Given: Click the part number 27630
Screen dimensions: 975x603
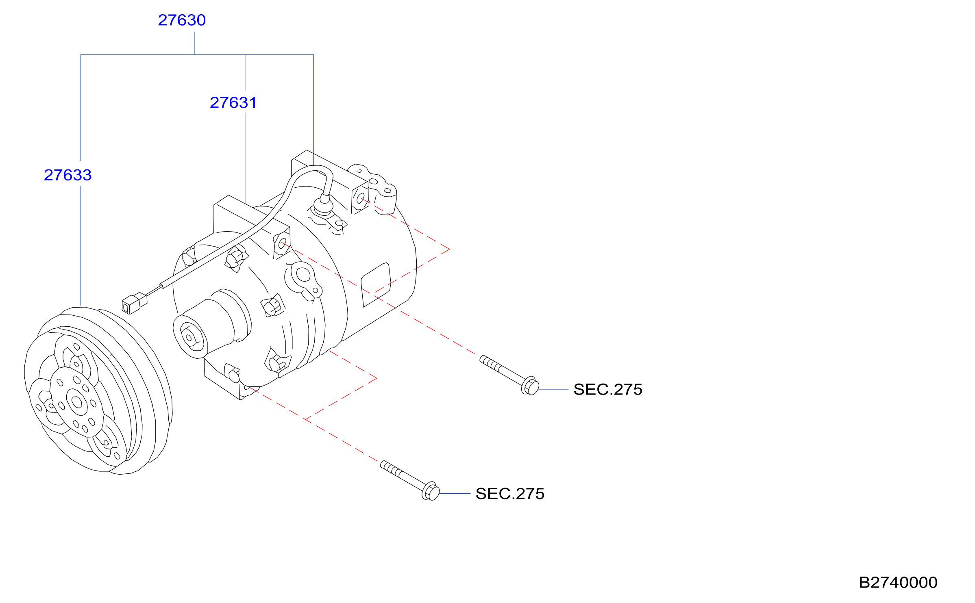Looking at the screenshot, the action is coord(182,20).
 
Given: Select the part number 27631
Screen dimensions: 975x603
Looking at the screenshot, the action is coord(233,102).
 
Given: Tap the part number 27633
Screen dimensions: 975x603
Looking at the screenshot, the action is coord(67,175).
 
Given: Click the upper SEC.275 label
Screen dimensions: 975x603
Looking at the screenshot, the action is coord(608,389).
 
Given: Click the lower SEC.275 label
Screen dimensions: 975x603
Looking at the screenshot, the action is coord(510,494).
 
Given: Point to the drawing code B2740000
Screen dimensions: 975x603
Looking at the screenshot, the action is coord(898,582).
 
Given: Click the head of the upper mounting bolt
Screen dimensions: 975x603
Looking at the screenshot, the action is coord(530,386).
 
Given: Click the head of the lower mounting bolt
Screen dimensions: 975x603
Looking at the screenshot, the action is coord(431,491).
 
